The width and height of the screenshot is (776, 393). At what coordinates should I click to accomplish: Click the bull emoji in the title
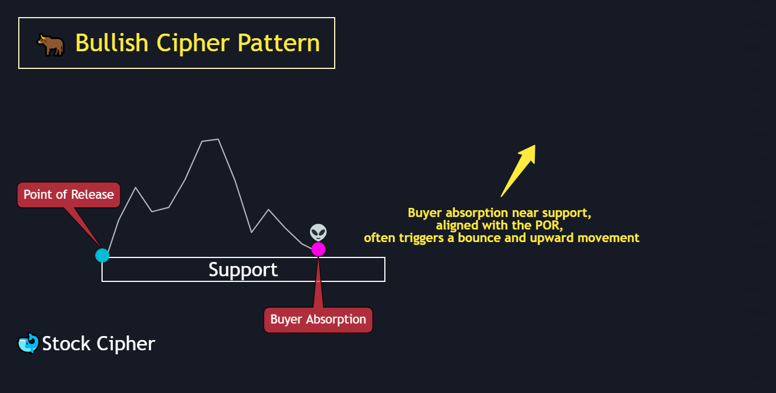[50, 44]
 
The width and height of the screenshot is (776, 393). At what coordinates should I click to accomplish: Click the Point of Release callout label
[69, 195]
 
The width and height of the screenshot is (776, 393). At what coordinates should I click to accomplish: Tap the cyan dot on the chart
[102, 255]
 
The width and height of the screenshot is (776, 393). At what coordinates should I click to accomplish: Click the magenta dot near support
[318, 249]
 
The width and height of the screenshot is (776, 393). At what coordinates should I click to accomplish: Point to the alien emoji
[318, 232]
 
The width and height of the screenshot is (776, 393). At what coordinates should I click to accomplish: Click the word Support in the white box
[243, 269]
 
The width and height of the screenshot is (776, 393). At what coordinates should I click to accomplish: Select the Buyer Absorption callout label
[318, 320]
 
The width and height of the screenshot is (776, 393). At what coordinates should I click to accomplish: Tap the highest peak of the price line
[218, 139]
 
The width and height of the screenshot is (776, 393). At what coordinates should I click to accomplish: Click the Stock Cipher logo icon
[28, 343]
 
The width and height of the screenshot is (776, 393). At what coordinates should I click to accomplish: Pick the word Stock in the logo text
[66, 343]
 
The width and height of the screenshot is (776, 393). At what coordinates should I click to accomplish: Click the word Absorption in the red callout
[336, 320]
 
